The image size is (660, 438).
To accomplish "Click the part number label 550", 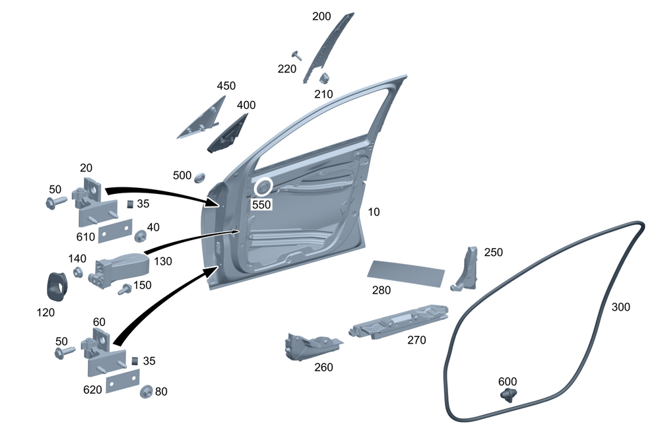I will coord(261,205).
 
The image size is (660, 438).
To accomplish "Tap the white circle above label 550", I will coord(263,188).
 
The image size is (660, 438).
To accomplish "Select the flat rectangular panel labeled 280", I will coord(405,272).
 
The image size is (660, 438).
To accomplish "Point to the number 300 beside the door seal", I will coord(621,307).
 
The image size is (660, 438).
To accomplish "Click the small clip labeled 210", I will coord(324,78).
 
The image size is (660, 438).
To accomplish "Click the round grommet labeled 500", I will coord(199,177).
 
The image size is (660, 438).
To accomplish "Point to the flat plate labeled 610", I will coord(115,233).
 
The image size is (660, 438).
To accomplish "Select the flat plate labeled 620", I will coord(122,381).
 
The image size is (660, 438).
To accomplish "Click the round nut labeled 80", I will coord(146,391).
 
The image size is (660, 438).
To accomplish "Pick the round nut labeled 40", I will coord(141,235).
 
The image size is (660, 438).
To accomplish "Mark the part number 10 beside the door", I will coord(374,212).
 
